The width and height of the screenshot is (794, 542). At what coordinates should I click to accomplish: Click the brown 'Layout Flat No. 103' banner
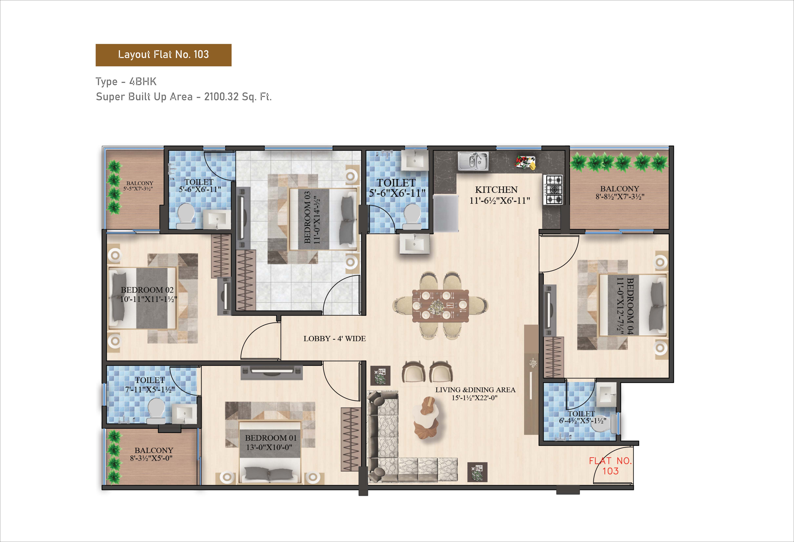(x=163, y=55)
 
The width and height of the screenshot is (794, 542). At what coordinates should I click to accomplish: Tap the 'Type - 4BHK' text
(x=126, y=82)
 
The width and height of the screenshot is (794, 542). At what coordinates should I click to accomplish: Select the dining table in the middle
(x=440, y=306)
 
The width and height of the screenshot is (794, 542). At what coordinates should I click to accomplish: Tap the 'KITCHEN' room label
(x=496, y=190)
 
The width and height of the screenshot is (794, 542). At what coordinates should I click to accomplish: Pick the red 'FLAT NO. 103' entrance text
(x=610, y=466)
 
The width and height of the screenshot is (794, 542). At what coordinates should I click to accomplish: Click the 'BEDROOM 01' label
(x=271, y=438)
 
